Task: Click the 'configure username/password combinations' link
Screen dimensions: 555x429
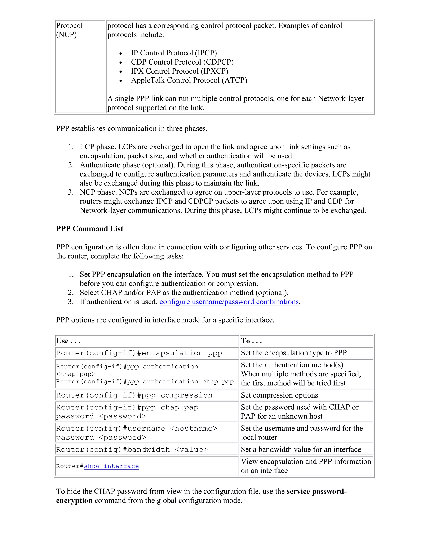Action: pos(229,302)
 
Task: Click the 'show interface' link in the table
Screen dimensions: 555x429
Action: pos(111,466)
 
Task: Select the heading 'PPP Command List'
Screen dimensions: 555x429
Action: pos(89,229)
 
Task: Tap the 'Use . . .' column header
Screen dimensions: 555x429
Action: pos(68,341)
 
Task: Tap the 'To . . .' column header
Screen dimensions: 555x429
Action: pos(251,341)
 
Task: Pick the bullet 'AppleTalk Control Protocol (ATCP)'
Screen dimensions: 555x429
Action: pos(189,80)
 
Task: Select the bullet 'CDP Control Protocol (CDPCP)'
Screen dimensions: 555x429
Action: pos(182,62)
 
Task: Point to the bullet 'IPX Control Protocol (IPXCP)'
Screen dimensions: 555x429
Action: pos(180,71)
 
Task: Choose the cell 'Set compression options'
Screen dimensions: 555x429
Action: pos(279,395)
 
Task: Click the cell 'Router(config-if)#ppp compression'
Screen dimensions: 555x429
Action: pos(134,395)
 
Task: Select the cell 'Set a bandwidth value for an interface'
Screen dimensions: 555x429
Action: pos(301,449)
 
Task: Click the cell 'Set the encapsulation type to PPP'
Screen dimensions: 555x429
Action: pos(293,353)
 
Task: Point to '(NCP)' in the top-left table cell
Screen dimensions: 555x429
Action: pos(66,35)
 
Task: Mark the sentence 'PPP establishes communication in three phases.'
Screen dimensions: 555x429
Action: pos(132,129)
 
